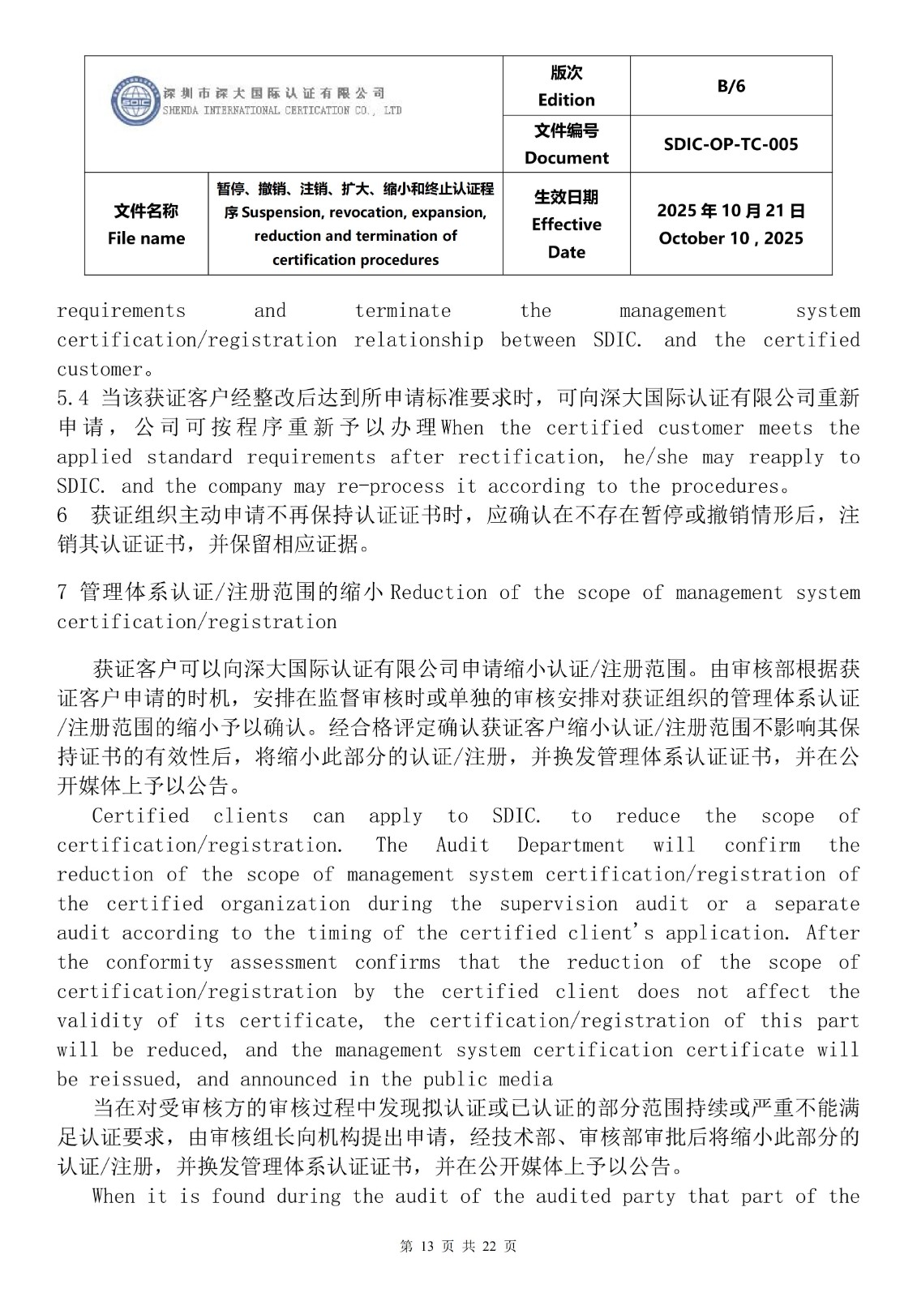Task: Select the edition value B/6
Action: pyautogui.click(x=731, y=86)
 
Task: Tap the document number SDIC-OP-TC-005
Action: pyautogui.click(x=731, y=144)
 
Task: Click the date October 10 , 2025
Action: pyautogui.click(x=731, y=238)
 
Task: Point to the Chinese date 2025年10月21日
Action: pyautogui.click(x=731, y=212)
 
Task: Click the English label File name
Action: pyautogui.click(x=146, y=238)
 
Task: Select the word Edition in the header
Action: pyautogui.click(x=566, y=100)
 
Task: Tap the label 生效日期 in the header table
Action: pyautogui.click(x=566, y=197)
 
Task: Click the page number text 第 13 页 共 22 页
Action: pyautogui.click(x=458, y=1247)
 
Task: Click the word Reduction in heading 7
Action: pyautogui.click(x=439, y=593)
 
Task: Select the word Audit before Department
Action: pyautogui.click(x=462, y=845)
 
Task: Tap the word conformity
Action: pyautogui.click(x=159, y=962)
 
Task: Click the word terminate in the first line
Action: pyautogui.click(x=402, y=311)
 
